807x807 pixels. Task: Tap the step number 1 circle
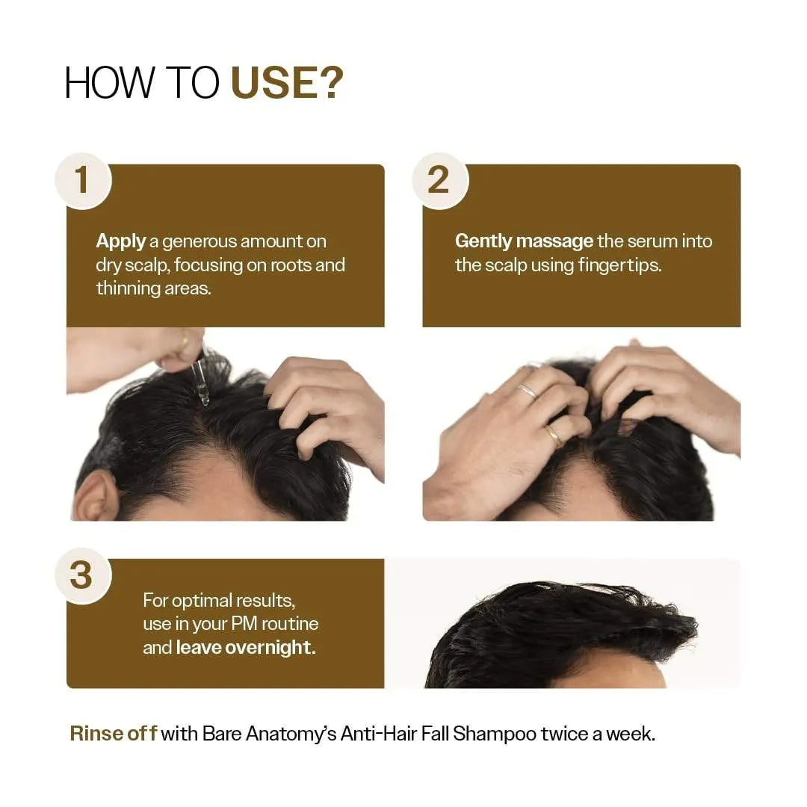[81, 181]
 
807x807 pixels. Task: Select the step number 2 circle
[439, 181]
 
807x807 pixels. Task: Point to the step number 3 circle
[81, 576]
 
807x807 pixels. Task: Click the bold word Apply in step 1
[120, 241]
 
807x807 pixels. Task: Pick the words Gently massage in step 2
[524, 241]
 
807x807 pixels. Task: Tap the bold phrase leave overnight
[246, 647]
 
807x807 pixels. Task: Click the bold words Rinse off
[113, 734]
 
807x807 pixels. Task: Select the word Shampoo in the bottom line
[495, 734]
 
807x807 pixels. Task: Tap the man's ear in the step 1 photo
[95, 496]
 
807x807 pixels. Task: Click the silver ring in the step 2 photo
[528, 391]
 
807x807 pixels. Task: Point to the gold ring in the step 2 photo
[554, 435]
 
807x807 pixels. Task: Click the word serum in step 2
[648, 241]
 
